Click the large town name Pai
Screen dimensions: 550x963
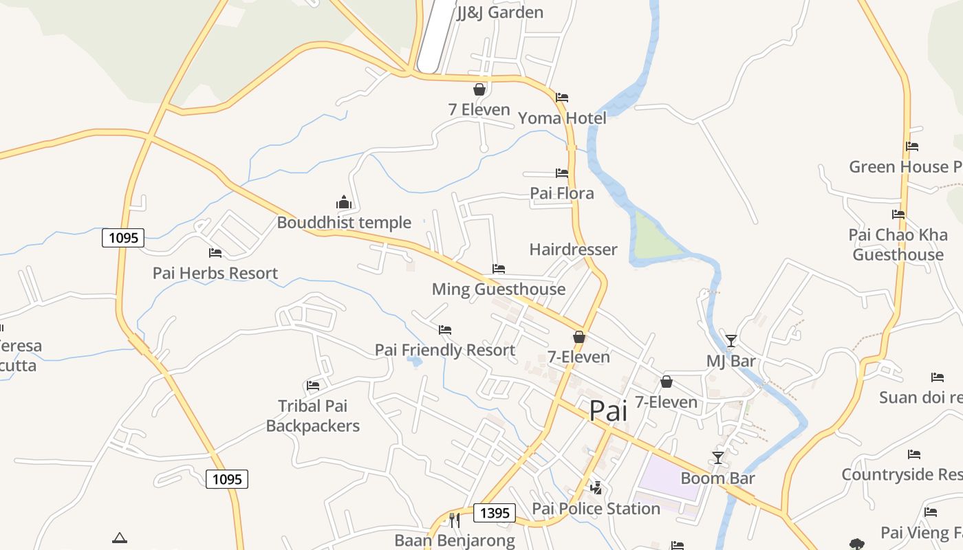[609, 410]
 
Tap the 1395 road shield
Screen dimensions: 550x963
[495, 513]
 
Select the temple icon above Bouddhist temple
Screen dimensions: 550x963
[344, 202]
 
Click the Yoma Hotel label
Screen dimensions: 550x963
[562, 118]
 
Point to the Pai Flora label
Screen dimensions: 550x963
[562, 193]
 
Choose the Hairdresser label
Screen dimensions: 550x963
[573, 250]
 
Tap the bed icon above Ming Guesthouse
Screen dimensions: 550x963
[499, 269]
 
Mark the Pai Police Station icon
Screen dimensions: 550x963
[596, 488]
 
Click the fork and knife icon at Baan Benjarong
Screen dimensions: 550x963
[454, 520]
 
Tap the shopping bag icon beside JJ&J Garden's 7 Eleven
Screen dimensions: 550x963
[479, 89]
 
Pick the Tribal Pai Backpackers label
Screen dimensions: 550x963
[313, 416]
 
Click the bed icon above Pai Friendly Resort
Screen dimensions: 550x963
[445, 331]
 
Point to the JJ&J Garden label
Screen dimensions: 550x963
[500, 12]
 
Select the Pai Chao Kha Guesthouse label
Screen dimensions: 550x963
[898, 245]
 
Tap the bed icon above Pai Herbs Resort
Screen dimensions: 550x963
[215, 253]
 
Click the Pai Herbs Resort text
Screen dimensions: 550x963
[215, 274]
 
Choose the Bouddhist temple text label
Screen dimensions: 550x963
[344, 223]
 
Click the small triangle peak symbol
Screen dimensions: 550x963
[120, 538]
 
